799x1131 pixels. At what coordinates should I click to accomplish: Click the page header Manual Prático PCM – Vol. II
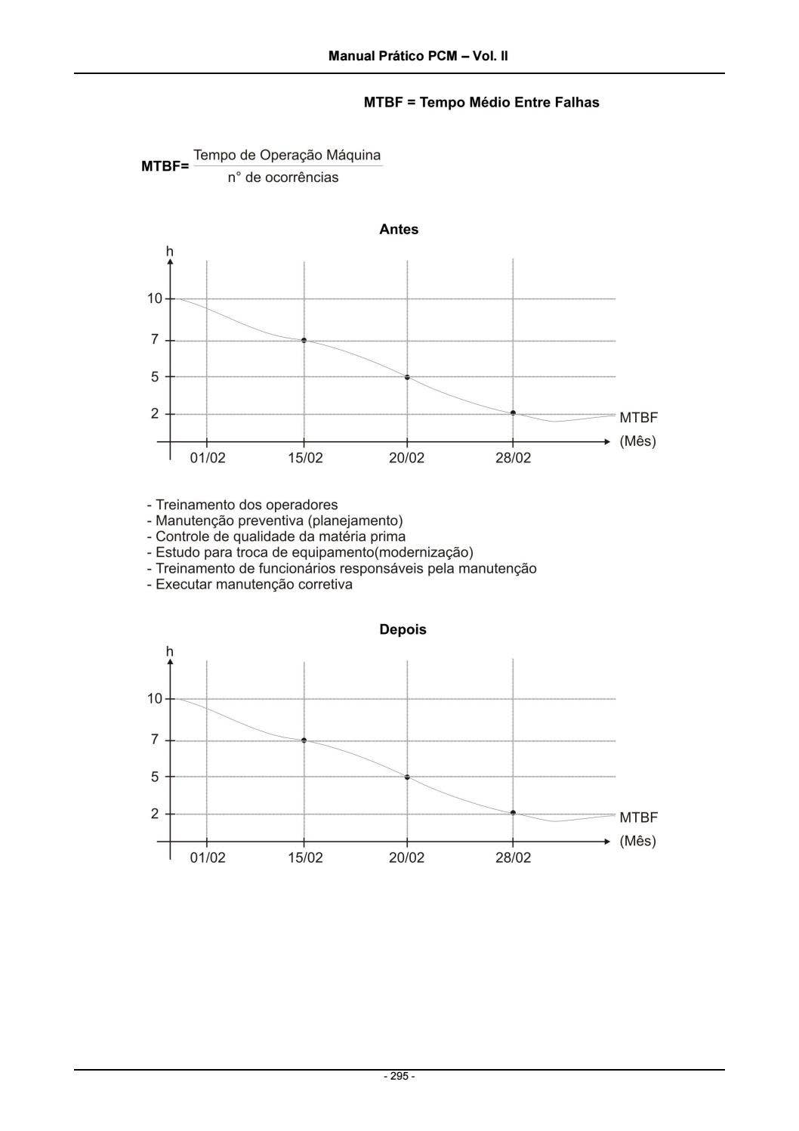coord(418,56)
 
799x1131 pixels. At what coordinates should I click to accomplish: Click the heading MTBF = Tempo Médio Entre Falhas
coord(481,102)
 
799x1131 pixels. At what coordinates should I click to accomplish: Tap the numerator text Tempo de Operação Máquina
coord(287,155)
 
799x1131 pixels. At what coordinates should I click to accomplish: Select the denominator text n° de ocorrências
coord(283,178)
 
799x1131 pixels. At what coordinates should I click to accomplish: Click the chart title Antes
coord(399,230)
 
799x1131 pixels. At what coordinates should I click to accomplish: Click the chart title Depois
coord(403,629)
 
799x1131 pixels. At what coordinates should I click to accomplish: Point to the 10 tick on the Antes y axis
coord(154,298)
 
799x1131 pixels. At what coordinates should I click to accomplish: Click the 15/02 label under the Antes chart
coord(305,458)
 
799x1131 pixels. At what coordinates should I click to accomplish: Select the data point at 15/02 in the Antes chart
coord(304,340)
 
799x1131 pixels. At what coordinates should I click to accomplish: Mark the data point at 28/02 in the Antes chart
coord(513,413)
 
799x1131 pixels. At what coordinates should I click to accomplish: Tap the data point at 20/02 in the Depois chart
coord(407,777)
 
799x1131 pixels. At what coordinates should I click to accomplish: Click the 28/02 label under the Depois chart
coord(513,858)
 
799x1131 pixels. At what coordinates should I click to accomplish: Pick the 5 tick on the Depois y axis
coord(155,777)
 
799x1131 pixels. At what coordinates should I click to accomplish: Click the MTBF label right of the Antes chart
coord(638,417)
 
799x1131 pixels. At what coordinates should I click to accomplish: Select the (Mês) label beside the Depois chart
coord(637,841)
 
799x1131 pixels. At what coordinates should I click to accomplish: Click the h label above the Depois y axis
coord(169,651)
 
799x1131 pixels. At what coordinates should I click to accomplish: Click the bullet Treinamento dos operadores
coord(242,505)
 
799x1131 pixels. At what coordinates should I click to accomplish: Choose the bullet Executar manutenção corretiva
coord(249,584)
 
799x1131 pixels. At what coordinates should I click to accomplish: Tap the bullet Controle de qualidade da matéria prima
coord(276,536)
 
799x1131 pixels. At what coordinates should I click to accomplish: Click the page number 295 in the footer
coord(399,1076)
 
